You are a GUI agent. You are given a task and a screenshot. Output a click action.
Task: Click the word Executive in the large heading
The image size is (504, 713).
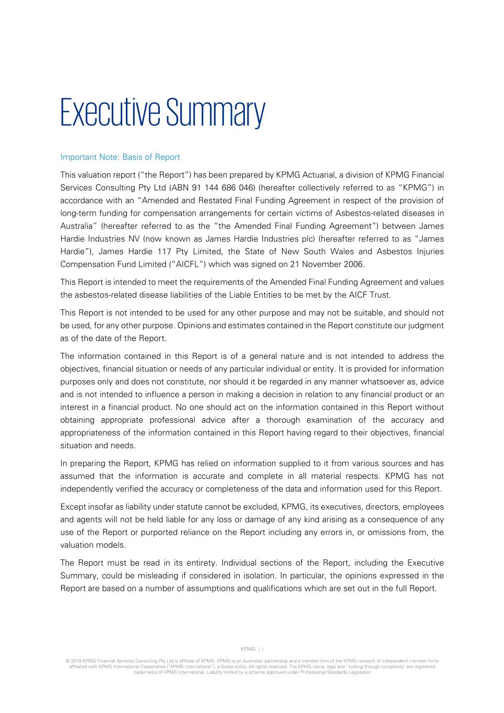110,112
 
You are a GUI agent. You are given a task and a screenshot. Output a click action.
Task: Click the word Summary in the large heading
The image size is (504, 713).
216,113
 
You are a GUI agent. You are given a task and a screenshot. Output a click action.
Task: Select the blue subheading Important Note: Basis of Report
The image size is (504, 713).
120,157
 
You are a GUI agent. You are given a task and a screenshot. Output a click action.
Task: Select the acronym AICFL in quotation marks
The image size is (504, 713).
191,264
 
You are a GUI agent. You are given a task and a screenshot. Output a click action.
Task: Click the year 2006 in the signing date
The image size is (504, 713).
354,264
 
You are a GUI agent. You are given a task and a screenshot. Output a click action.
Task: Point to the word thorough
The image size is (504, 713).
283,420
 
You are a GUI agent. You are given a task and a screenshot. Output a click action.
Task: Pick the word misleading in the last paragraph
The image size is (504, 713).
158,576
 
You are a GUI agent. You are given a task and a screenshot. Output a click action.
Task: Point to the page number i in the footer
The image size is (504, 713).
263,649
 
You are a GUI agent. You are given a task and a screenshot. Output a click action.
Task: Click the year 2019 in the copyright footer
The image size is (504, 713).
76,661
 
